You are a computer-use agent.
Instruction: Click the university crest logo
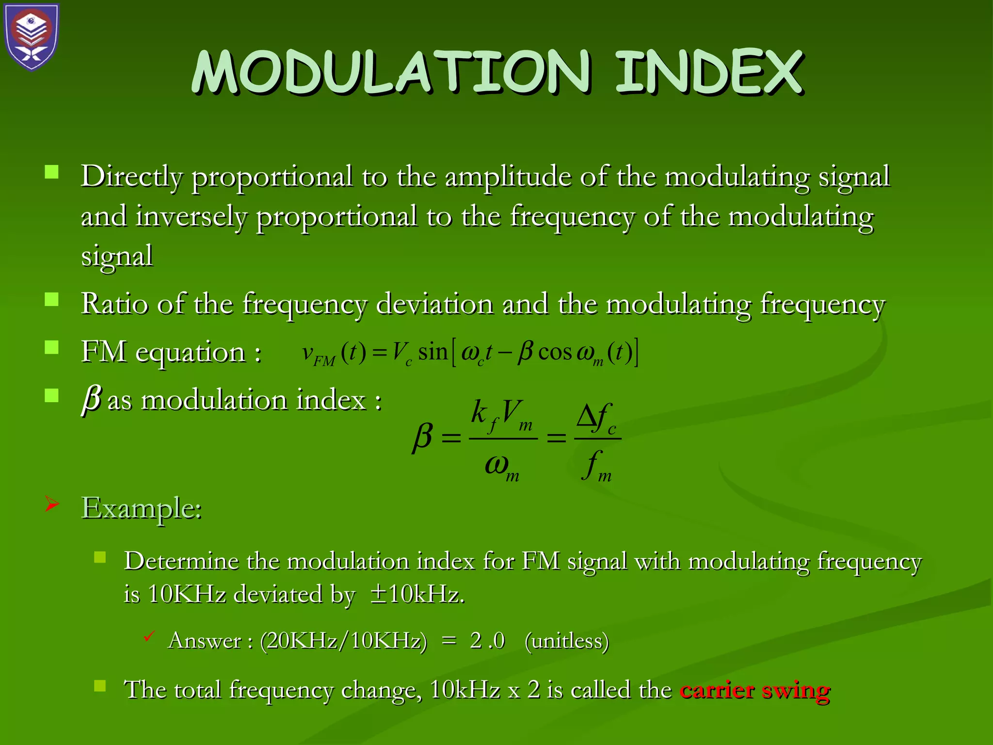tap(32, 37)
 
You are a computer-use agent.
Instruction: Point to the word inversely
tap(191, 216)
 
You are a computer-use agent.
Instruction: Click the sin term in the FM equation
tap(432, 352)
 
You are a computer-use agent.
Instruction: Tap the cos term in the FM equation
tap(555, 352)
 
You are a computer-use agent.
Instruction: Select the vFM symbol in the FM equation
tap(318, 354)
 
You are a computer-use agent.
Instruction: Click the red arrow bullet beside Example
tap(52, 504)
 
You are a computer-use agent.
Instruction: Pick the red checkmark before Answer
tap(149, 636)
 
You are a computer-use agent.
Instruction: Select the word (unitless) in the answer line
tap(566, 641)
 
